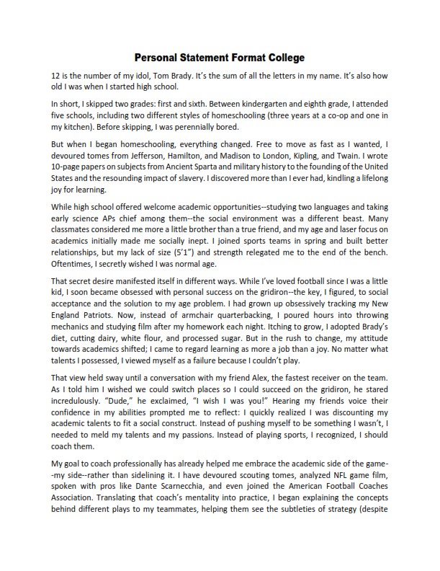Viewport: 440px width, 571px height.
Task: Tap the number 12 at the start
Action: click(x=56, y=75)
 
